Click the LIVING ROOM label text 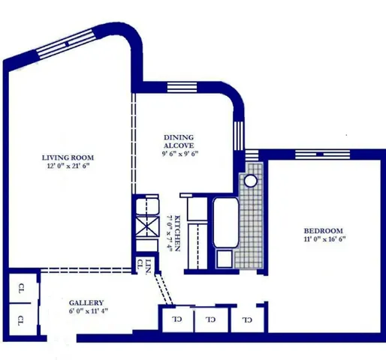(68, 157)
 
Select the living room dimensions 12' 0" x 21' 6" (68, 167)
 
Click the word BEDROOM (323, 230)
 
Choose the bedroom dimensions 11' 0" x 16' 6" (323, 240)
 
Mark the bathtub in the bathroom (225, 223)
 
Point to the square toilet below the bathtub (225, 259)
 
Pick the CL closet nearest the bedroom (246, 319)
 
